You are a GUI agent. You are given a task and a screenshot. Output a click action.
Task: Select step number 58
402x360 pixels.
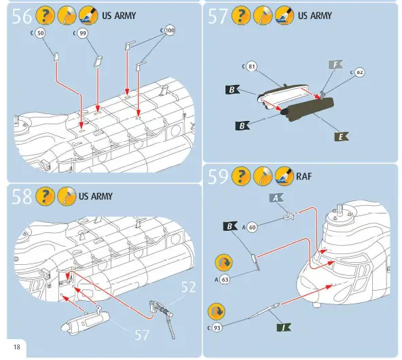22,198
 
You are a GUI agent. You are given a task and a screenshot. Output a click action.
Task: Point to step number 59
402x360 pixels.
217,177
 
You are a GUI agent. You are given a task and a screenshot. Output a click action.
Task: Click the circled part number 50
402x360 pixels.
41,33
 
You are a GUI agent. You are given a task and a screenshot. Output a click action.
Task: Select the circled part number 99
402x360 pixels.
82,33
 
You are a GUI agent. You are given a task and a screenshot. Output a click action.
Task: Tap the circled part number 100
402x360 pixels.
170,31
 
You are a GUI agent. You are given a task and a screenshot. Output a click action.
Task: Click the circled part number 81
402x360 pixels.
251,67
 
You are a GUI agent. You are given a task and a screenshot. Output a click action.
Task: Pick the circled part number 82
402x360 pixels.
360,72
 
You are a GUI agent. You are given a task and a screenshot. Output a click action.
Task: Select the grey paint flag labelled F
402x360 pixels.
335,65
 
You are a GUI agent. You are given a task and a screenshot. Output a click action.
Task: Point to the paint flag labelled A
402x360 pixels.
276,198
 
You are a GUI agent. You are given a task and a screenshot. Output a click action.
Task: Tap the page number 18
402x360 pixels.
16,348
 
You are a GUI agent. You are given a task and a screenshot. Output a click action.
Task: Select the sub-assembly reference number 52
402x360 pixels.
188,287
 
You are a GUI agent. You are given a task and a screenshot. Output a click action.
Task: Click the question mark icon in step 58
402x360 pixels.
44,197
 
